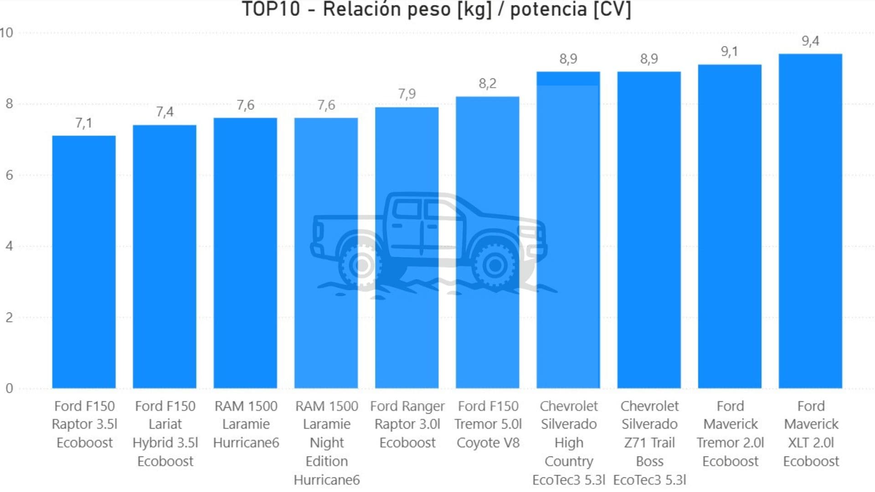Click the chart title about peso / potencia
[436, 9]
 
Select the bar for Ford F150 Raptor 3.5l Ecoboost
[84, 262]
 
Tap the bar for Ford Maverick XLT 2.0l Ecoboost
[810, 221]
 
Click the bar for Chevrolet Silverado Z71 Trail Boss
[649, 230]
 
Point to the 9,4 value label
[810, 41]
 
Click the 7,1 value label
[84, 123]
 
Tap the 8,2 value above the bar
[487, 84]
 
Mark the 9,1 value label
[729, 52]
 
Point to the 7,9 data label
[407, 94]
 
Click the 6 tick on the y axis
[9, 175]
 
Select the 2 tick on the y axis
[9, 318]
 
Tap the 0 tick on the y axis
[9, 389]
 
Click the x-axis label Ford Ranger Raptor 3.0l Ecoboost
[407, 424]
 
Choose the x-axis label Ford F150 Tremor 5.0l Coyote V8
[488, 424]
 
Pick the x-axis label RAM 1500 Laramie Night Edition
[327, 442]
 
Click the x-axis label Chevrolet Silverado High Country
[568, 442]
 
